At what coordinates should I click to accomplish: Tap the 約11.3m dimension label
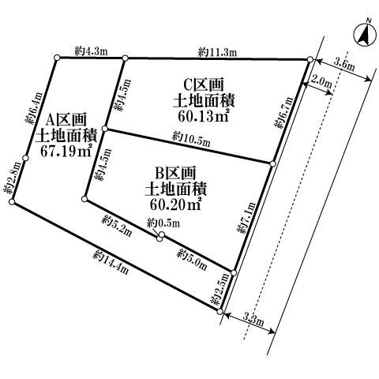217,52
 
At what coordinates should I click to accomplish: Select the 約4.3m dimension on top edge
91,51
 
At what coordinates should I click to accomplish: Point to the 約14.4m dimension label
111,262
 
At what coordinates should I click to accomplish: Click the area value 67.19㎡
66,151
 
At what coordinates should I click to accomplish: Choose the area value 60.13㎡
203,115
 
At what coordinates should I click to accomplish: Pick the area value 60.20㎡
175,205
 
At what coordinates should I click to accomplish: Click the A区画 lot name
66,122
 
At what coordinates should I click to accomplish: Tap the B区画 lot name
175,174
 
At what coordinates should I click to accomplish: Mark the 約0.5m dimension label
163,223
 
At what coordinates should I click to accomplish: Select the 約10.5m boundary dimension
191,140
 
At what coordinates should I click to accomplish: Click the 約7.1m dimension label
246,218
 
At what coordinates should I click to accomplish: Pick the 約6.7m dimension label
283,113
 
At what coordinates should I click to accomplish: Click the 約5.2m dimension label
116,226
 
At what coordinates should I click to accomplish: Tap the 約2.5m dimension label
220,289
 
